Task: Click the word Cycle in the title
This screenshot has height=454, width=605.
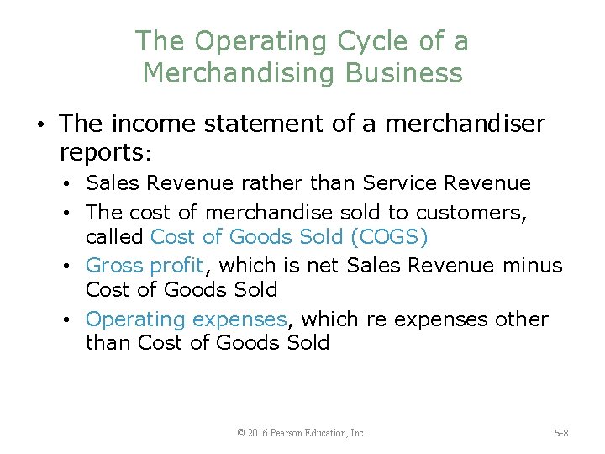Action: click(363, 40)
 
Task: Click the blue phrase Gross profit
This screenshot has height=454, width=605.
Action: click(145, 267)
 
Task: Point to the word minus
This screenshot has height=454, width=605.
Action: click(533, 267)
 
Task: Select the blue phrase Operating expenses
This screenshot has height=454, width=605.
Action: click(187, 319)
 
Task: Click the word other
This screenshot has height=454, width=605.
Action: click(521, 319)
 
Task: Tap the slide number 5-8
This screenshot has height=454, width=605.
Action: click(561, 433)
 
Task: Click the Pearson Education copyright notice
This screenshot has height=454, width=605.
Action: click(302, 433)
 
